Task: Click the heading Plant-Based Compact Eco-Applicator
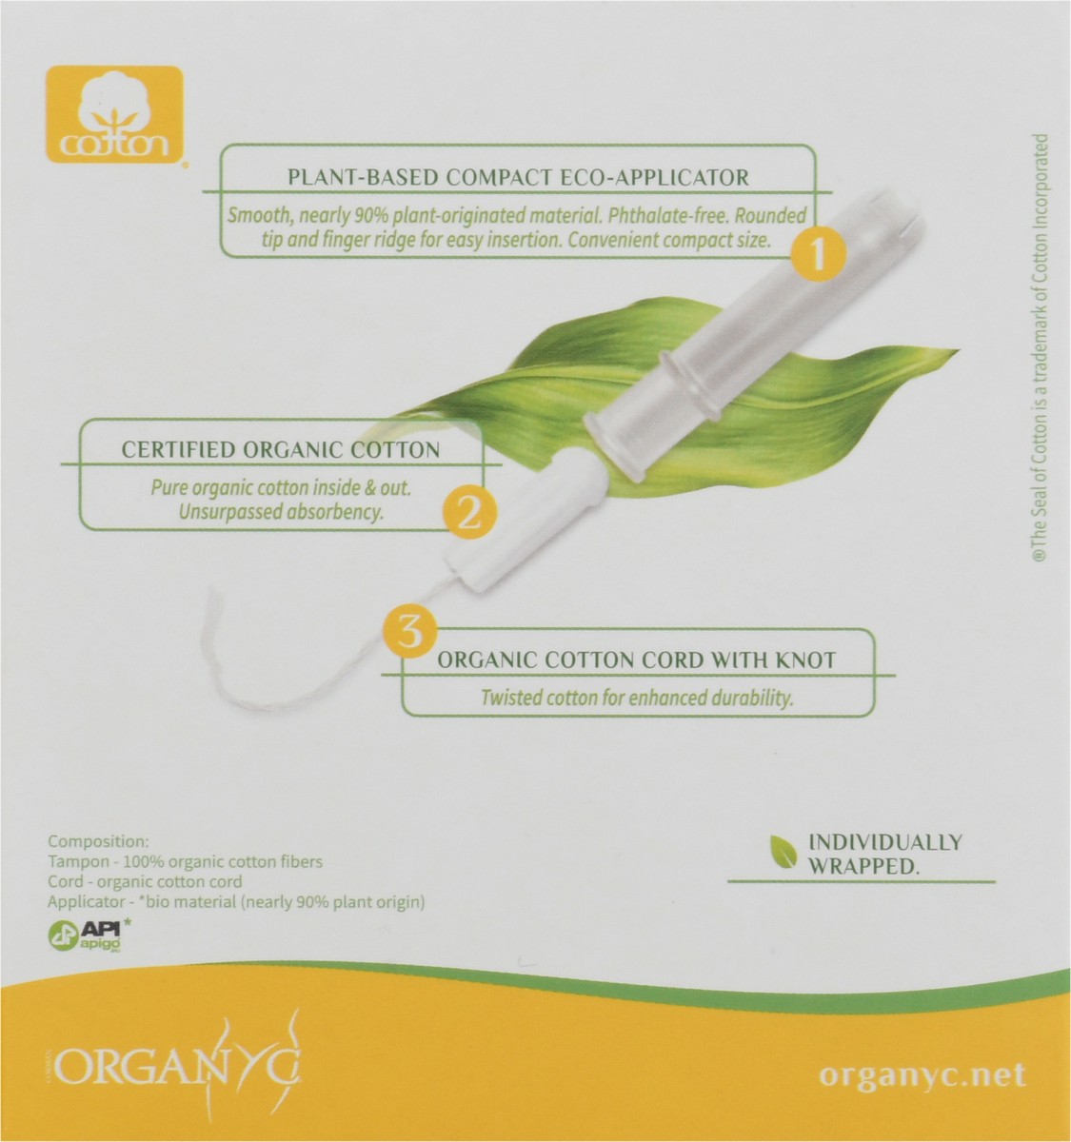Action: tap(518, 176)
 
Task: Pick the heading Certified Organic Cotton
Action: tap(280, 450)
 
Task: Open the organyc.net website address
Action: tap(922, 1075)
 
